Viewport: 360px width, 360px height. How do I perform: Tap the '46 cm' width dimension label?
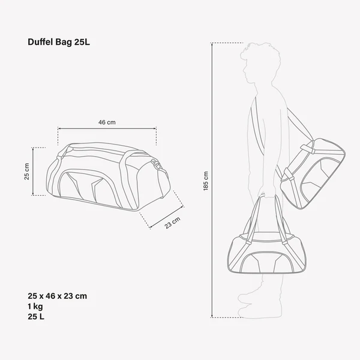[107, 122]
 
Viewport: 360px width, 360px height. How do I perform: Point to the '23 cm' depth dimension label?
[172, 224]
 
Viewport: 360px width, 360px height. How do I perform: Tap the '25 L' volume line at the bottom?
[37, 316]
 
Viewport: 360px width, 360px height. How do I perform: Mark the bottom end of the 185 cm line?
[214, 316]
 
